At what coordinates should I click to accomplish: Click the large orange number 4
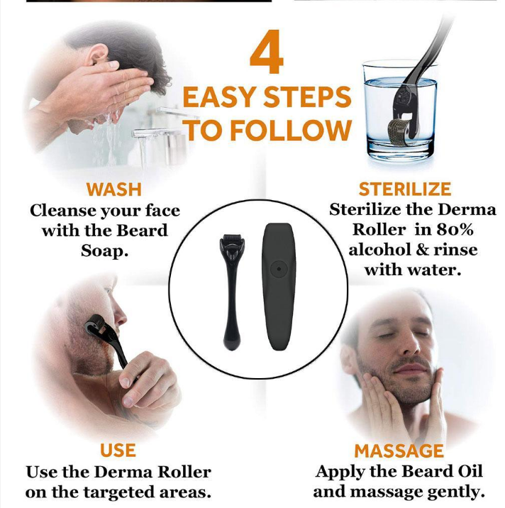pos(267,52)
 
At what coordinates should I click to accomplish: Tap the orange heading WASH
pos(114,189)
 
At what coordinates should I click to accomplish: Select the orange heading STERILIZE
pos(405,189)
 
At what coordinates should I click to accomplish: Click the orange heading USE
pos(118,451)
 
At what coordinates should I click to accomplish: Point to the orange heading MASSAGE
pos(399,451)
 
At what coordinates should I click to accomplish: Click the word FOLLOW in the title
pos(291,131)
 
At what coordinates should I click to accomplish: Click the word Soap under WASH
pos(105,250)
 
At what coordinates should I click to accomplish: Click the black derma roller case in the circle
pos(279,287)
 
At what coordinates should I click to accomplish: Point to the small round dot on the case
pos(279,269)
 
